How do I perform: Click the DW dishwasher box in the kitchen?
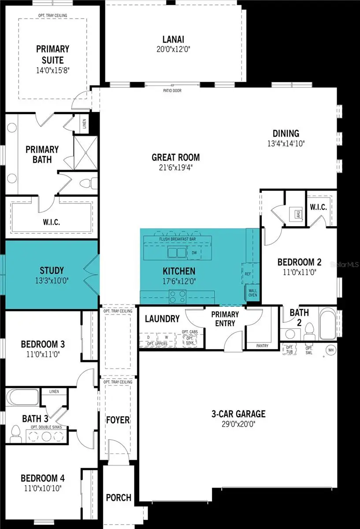194,253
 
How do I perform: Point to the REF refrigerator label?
248,274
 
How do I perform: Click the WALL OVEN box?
252,294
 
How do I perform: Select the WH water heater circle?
330,350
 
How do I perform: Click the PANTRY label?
262,346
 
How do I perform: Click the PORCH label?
119,498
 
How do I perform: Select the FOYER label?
118,419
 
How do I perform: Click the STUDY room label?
52,270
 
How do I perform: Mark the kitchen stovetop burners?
178,295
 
